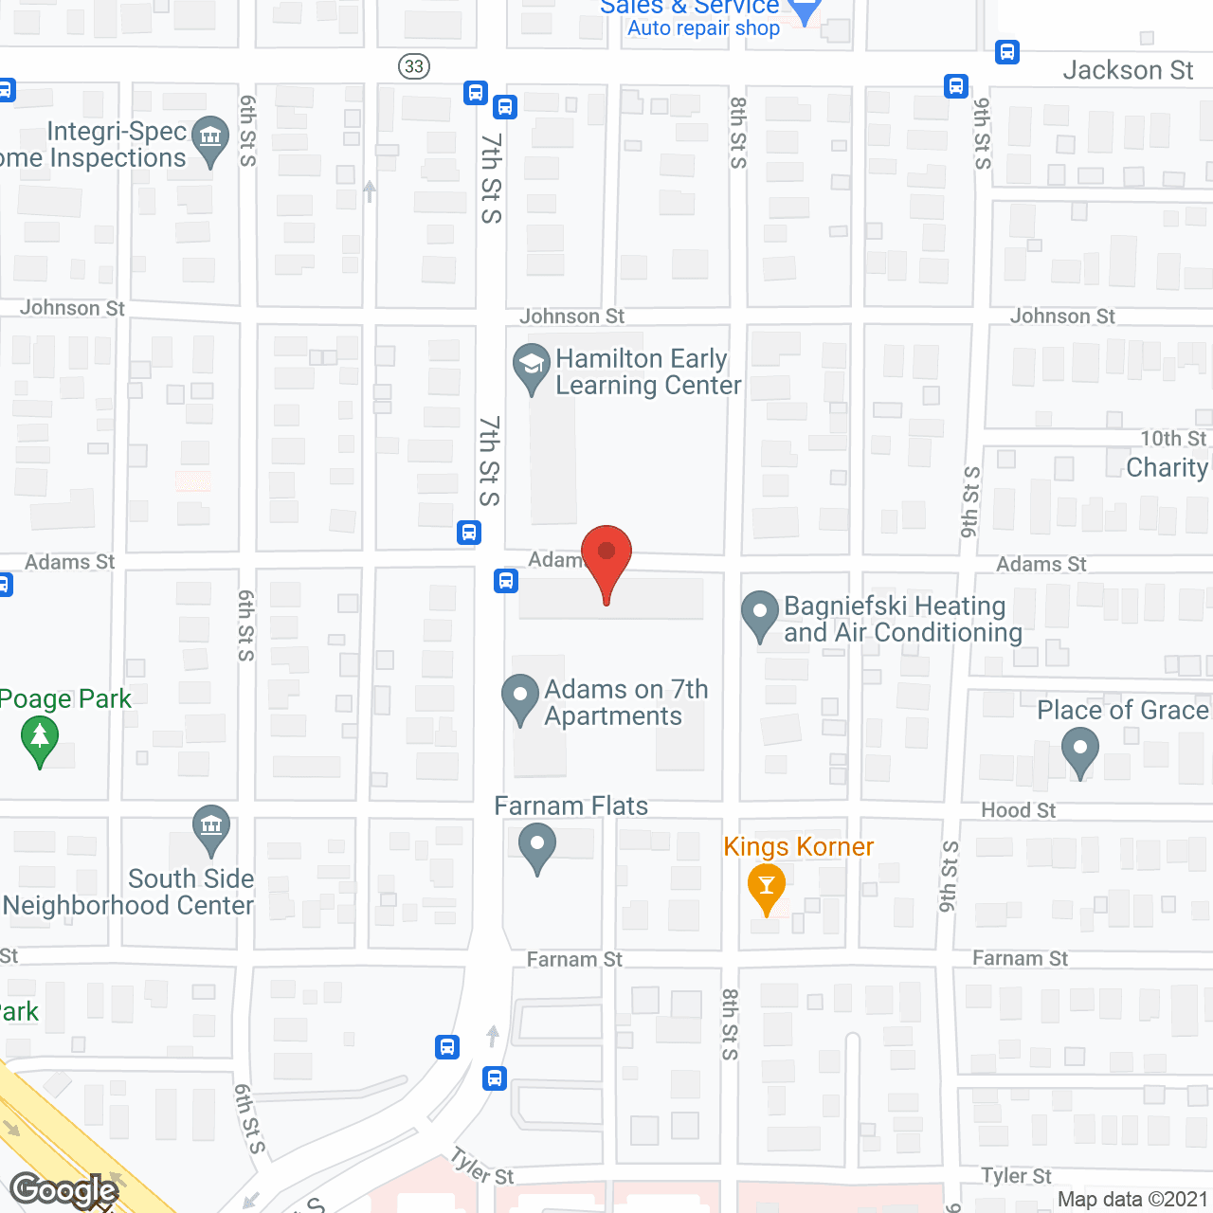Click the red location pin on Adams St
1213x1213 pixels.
tap(606, 553)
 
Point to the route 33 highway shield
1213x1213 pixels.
tap(414, 66)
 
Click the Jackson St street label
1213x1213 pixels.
tap(1128, 70)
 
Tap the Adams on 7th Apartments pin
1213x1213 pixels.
tap(519, 697)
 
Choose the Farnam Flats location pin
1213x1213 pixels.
tap(537, 845)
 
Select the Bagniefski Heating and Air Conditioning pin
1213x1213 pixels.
tap(759, 614)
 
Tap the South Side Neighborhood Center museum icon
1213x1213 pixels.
tap(210, 827)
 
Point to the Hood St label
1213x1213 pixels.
tap(1018, 810)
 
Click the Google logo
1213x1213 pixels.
tap(64, 1190)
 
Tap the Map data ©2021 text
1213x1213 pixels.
tap(1132, 1200)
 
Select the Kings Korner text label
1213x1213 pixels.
tap(798, 846)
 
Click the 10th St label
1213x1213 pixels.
tap(1173, 438)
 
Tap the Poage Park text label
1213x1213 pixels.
tap(65, 699)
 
